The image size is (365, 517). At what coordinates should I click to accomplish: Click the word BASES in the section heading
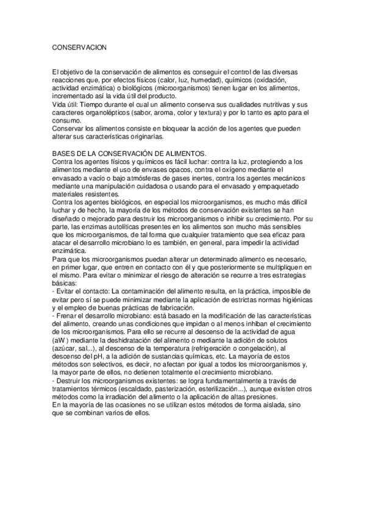click(64, 152)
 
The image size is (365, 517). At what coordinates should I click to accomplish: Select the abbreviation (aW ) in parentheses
click(64, 341)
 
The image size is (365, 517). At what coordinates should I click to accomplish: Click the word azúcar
click(66, 349)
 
